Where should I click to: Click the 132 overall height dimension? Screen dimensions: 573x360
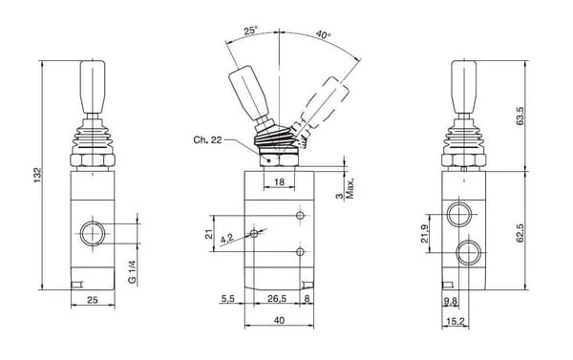(38, 175)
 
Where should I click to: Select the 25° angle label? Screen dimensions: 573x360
(250, 31)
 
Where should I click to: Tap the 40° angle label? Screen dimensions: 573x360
(323, 34)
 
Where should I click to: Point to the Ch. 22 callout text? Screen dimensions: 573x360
(207, 139)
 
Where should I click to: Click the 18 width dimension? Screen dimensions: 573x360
(279, 181)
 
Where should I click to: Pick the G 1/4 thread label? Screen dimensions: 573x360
(132, 271)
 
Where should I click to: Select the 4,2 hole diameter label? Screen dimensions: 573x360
(227, 239)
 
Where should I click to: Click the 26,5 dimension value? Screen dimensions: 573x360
(277, 299)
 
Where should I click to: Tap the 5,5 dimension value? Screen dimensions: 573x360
(227, 299)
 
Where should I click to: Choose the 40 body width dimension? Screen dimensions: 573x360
(279, 320)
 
